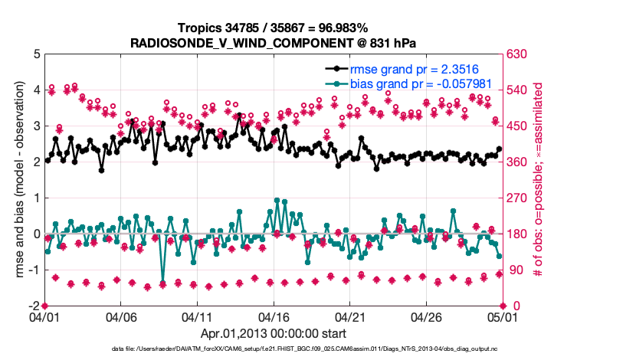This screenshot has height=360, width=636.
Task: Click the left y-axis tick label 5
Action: (x=37, y=55)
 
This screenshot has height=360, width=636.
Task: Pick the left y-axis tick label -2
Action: (x=34, y=306)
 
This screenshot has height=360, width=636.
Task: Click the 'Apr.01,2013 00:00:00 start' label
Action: (x=273, y=334)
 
